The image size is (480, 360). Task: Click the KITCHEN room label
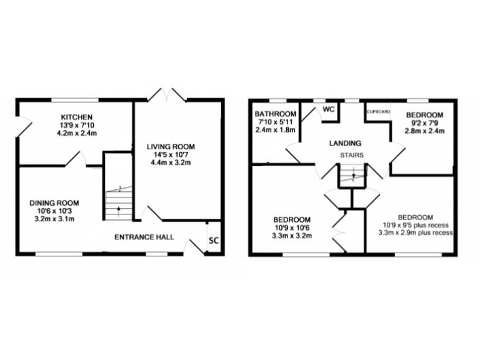click(x=77, y=117)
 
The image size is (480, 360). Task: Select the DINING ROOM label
click(x=54, y=202)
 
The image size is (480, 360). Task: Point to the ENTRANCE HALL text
click(x=144, y=237)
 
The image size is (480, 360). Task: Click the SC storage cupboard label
click(x=213, y=239)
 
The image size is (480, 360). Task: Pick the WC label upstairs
click(x=328, y=109)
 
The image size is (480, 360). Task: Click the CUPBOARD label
click(x=378, y=112)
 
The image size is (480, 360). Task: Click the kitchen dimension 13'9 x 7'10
click(x=77, y=125)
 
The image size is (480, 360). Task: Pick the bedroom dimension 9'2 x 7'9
click(x=424, y=123)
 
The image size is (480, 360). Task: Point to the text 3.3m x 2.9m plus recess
click(x=416, y=232)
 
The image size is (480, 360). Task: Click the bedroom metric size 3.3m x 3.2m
click(x=292, y=237)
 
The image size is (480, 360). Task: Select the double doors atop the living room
click(x=166, y=95)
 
